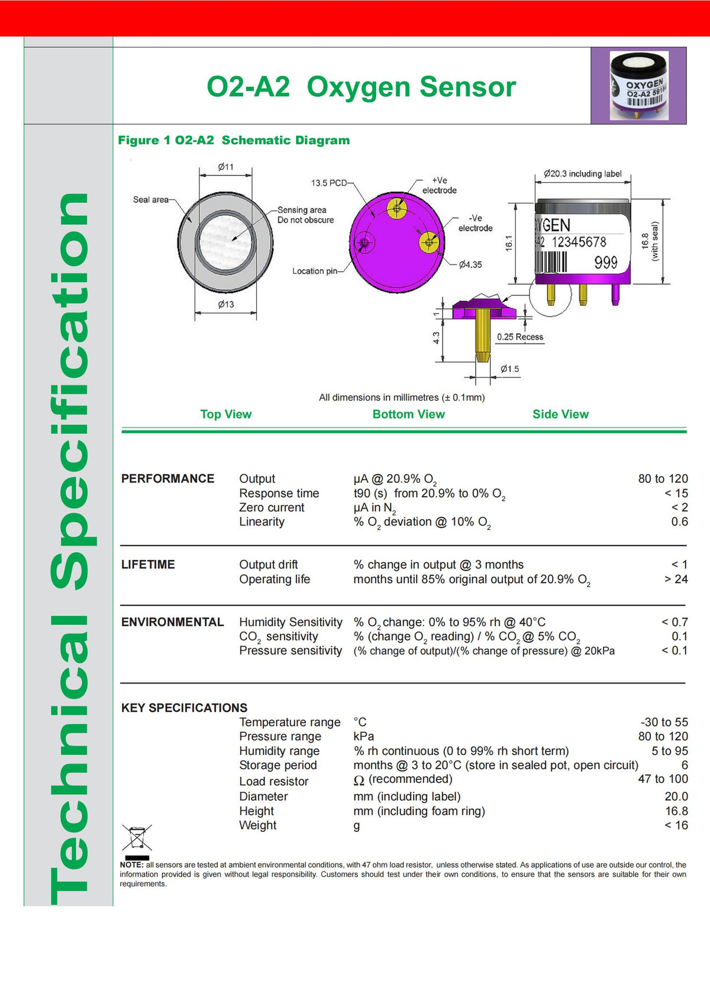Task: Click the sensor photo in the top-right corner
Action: click(638, 85)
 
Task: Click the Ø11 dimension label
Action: click(225, 167)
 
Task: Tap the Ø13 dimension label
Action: click(225, 305)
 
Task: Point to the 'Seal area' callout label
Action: click(151, 200)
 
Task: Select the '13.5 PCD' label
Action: click(329, 183)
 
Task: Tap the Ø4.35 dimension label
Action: click(470, 264)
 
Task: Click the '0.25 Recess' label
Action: click(519, 337)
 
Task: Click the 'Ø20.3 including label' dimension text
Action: click(582, 174)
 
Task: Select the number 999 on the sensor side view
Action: click(606, 263)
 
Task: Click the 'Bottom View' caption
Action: click(408, 414)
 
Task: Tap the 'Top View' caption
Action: click(225, 414)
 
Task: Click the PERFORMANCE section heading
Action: click(167, 478)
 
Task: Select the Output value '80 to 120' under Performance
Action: click(663, 478)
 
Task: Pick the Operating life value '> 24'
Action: click(676, 579)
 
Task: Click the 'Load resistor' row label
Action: click(273, 781)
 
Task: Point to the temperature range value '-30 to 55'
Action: click(664, 722)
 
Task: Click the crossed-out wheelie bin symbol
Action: click(137, 838)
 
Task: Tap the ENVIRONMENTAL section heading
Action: click(172, 622)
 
